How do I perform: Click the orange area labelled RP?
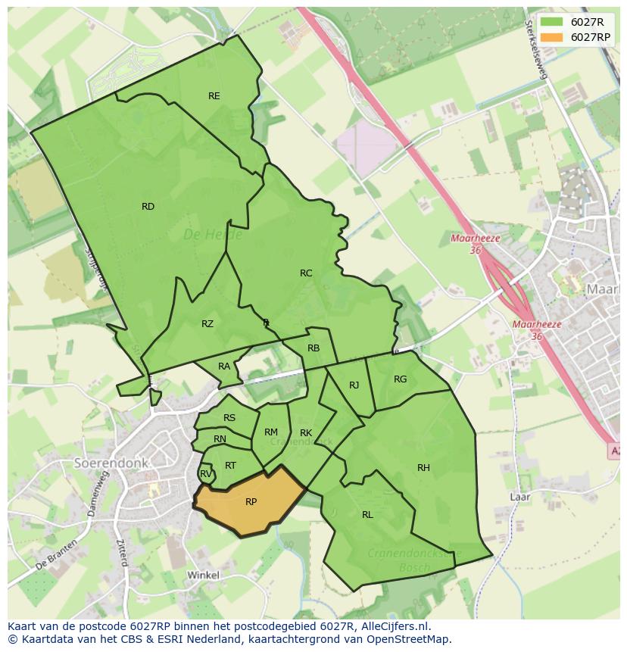(x=251, y=502)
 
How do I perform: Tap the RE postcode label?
(x=214, y=96)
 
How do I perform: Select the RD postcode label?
(x=148, y=207)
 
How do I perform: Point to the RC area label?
(x=306, y=273)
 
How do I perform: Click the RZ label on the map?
(x=207, y=324)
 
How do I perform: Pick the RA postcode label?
(x=224, y=367)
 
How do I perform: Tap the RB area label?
(x=313, y=348)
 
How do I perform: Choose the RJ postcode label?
(x=354, y=385)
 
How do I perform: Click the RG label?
(x=401, y=379)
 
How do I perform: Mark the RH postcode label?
(x=423, y=468)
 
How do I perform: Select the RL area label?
(x=367, y=515)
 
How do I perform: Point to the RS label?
(x=229, y=418)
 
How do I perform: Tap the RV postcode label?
(x=205, y=475)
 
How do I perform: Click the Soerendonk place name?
(x=111, y=463)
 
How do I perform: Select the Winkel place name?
(x=203, y=576)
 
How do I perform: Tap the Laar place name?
(x=520, y=498)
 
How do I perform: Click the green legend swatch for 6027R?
(x=552, y=22)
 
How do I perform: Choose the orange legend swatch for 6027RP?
(x=552, y=37)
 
